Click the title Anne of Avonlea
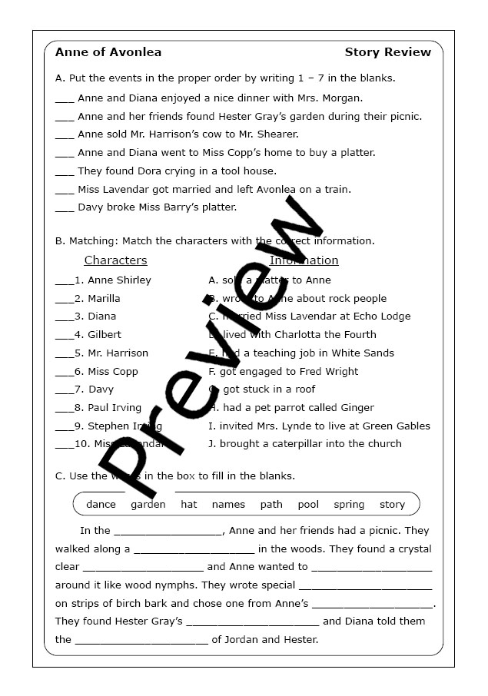pos(108,52)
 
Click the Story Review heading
pos(387,52)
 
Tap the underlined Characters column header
pos(115,260)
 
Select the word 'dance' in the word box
pos(101,505)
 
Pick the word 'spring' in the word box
pos(349,505)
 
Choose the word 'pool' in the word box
pos(308,505)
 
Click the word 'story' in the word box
pos(392,505)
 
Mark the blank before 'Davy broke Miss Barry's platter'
pos(65,208)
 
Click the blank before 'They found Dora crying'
pos(65,172)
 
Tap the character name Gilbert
pos(105,335)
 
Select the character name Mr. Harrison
pos(118,353)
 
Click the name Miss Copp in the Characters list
pos(113,372)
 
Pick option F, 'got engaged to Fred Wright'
pos(283,372)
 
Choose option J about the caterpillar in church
pos(304,444)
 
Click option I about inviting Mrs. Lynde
pos(319,426)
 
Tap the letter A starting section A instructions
pos(59,78)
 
